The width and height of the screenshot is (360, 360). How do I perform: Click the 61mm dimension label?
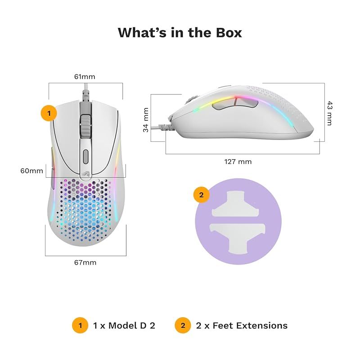coord(85,76)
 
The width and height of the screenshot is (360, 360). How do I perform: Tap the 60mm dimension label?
coord(31,171)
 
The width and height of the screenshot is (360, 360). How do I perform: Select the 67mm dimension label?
coord(85,262)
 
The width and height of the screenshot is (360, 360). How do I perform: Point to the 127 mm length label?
coord(238,162)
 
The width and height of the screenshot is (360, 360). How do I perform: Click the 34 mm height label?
coord(146,120)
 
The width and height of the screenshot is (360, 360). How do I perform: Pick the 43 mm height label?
coord(329,113)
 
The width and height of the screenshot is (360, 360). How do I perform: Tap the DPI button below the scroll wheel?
coord(85,157)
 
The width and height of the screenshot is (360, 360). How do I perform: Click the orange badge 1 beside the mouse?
coord(49,113)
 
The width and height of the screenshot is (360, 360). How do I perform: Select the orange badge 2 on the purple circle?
coord(201,195)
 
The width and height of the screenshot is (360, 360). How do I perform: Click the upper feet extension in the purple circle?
coord(235,204)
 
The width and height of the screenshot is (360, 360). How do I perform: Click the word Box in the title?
coord(229,32)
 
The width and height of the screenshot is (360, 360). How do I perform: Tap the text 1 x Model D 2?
coord(124,325)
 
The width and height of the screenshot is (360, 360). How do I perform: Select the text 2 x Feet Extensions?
coord(242,325)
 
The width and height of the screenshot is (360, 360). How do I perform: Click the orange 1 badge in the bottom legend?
coord(80,325)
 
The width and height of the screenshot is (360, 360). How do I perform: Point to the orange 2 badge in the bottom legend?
coord(183,325)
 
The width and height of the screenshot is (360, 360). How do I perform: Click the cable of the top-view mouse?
coord(85,92)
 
